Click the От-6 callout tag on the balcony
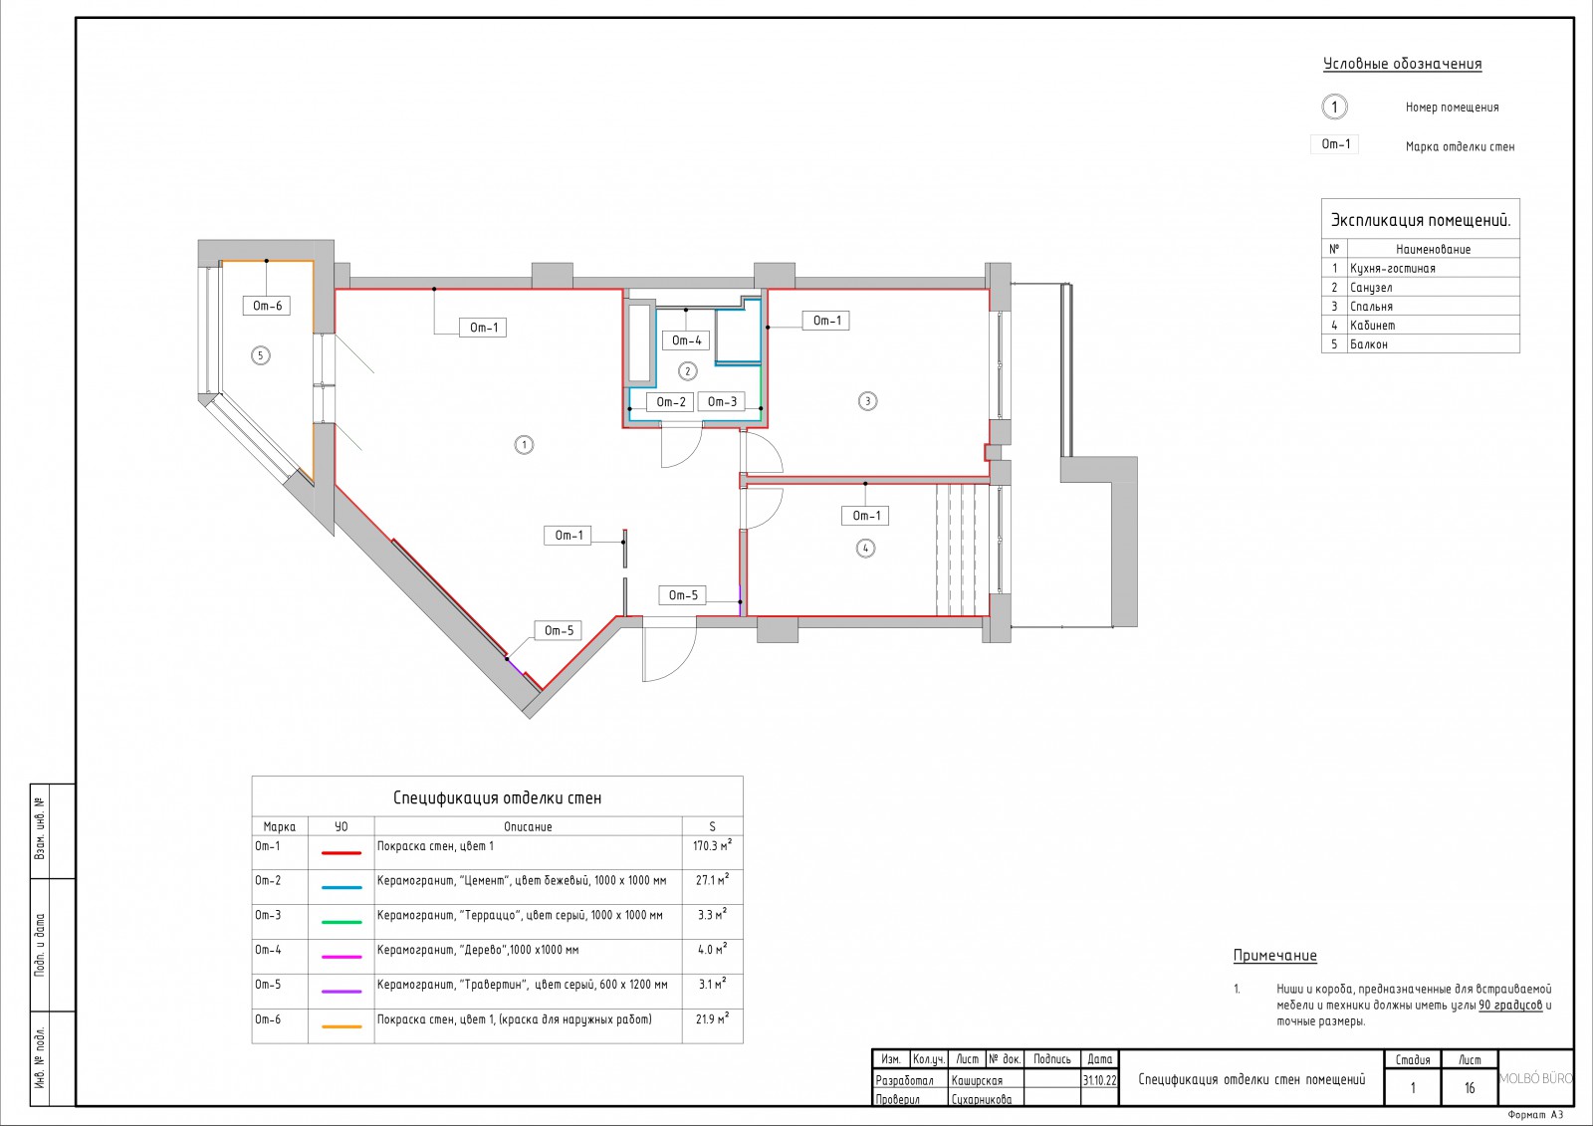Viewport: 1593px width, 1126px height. (x=268, y=306)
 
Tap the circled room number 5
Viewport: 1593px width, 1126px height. (x=260, y=355)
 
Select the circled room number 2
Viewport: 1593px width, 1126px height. (x=687, y=370)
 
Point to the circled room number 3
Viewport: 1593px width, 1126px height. (x=867, y=401)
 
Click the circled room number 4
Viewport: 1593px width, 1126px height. (x=865, y=549)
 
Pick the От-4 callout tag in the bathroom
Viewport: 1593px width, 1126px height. (x=686, y=340)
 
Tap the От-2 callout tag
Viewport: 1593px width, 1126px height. (x=671, y=402)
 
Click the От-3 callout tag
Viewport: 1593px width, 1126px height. (x=722, y=402)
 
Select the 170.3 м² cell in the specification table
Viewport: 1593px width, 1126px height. (x=712, y=846)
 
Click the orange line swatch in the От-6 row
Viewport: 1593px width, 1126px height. (x=341, y=1026)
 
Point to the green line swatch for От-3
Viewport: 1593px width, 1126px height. (x=341, y=922)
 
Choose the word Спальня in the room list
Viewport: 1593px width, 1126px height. (x=1371, y=307)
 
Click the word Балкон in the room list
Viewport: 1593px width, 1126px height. (x=1368, y=344)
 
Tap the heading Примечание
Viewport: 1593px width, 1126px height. (x=1275, y=956)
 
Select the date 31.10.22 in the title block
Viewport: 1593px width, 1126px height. (x=1099, y=1080)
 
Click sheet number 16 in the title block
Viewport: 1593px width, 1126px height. (x=1470, y=1087)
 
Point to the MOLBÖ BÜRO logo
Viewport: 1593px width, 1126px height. (x=1535, y=1078)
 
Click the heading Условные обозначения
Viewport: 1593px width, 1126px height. (x=1403, y=64)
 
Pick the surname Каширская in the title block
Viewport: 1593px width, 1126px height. (x=977, y=1080)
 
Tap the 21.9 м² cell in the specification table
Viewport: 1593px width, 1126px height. (x=712, y=1019)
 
